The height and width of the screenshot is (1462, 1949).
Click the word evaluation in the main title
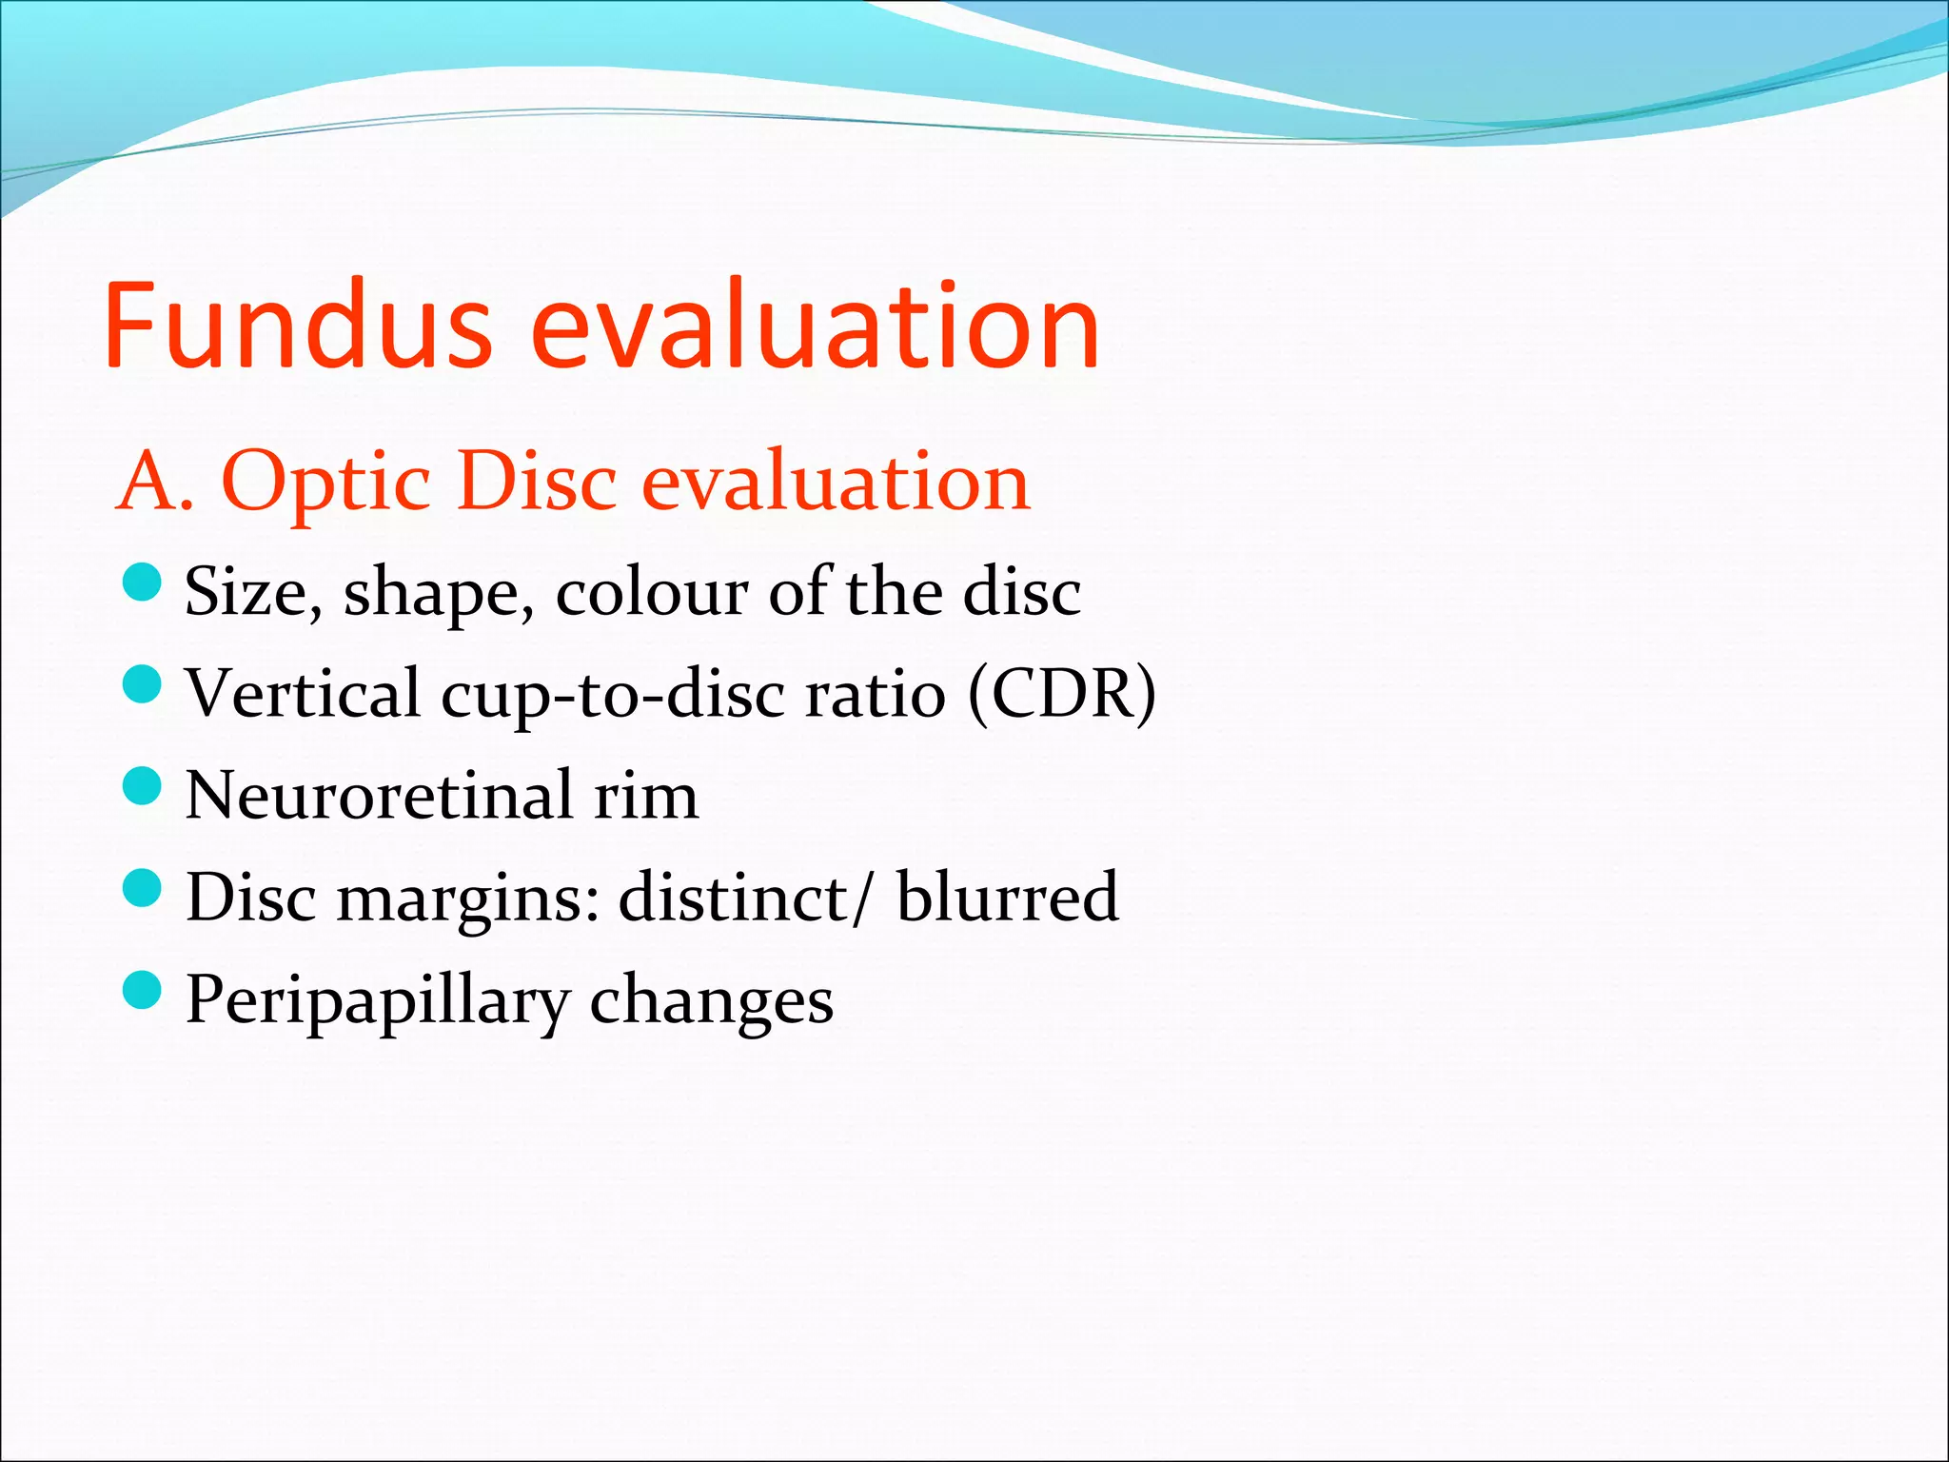coord(815,326)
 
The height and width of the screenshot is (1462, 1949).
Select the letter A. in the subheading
coord(154,482)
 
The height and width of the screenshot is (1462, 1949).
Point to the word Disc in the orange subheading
coord(537,482)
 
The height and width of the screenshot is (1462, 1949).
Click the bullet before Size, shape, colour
coord(143,582)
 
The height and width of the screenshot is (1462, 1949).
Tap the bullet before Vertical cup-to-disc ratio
coord(143,683)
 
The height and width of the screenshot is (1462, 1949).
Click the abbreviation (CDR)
coord(1062,694)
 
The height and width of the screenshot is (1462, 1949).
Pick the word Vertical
coord(303,693)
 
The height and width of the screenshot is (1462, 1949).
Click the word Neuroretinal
coord(380,796)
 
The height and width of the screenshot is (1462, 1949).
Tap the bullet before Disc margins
coord(143,888)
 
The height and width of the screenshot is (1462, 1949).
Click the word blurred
coord(1007,897)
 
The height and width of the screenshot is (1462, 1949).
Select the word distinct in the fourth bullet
coord(734,897)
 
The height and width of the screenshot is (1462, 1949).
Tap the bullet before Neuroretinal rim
coord(143,786)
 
